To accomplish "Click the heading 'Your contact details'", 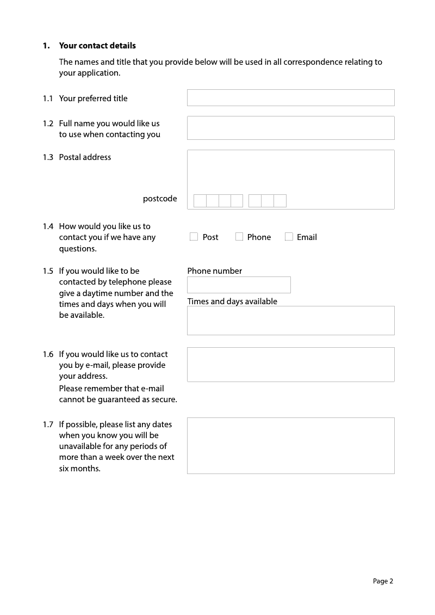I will pos(97,46).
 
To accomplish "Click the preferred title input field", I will pos(290,98).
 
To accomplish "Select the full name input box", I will pos(290,128).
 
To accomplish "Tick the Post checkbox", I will pos(194,237).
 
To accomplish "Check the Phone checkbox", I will pos(239,237).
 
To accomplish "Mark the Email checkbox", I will pos(289,237).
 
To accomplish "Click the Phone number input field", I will pos(239,285).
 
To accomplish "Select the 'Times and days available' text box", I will pos(290,321).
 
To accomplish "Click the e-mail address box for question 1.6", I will pos(290,365).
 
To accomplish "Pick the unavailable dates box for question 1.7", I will pos(290,446).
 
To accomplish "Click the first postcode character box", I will pos(200,201).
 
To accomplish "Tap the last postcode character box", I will pos(280,201).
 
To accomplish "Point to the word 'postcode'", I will pos(160,199).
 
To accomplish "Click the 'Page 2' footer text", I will pos(383,581).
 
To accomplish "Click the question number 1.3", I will pos(48,157).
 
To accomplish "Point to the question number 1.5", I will pos(48,271).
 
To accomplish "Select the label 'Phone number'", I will pos(215,271).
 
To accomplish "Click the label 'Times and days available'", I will pos(232,302).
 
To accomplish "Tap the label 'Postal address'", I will pos(85,157).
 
